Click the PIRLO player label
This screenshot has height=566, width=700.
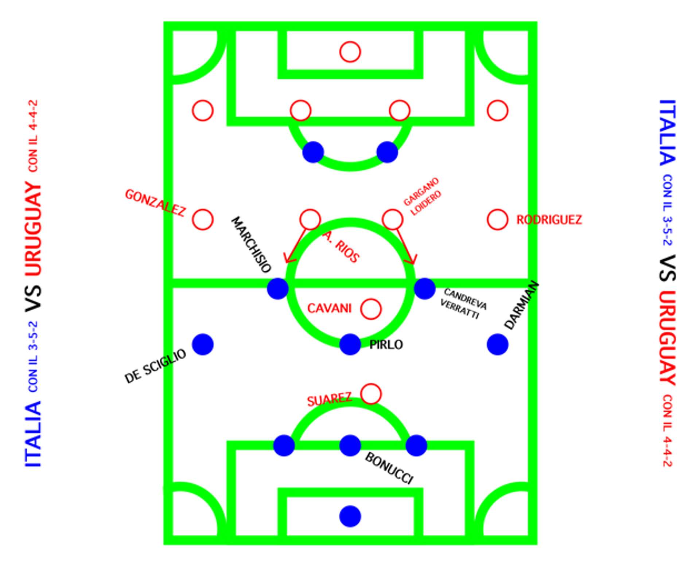click(x=386, y=345)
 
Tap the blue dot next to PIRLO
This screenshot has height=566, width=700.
click(x=350, y=344)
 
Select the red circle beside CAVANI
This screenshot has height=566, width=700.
click(x=371, y=309)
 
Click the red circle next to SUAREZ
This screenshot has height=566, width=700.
click(x=371, y=394)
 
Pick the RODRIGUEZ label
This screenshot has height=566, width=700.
click(x=549, y=220)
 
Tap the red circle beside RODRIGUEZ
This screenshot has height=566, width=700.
click(x=497, y=220)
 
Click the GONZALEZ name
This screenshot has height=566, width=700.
click(x=155, y=203)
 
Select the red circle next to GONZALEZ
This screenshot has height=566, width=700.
click(x=203, y=220)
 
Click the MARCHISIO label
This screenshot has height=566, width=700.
click(x=251, y=245)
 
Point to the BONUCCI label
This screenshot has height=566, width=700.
click(x=389, y=468)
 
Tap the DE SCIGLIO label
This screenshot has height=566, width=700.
click(x=155, y=366)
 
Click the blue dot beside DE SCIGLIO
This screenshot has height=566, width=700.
click(x=203, y=344)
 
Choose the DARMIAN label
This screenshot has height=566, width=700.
click(x=521, y=305)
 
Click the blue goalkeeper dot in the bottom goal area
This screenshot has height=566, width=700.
click(x=350, y=516)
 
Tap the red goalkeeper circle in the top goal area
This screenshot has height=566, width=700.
click(x=350, y=52)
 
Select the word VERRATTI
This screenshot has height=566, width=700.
click(x=459, y=309)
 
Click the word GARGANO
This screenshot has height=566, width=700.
click(x=421, y=191)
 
